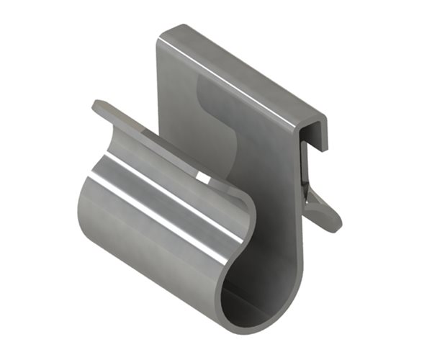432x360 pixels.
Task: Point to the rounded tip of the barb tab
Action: [x=335, y=224]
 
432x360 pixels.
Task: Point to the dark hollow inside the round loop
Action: [x=245, y=302]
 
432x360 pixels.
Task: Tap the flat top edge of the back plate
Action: [x=238, y=65]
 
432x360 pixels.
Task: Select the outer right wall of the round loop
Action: [x=292, y=288]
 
